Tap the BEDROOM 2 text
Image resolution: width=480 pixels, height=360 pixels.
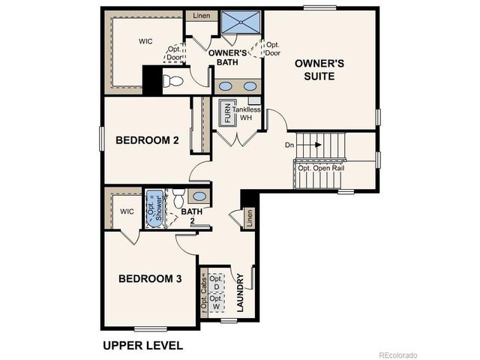coord(146,139)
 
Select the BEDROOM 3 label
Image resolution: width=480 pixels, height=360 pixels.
coord(150,279)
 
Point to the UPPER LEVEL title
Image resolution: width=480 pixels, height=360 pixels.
coord(142,346)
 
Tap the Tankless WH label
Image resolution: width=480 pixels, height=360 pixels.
coord(246,114)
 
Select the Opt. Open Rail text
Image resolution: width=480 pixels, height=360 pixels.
coord(324,168)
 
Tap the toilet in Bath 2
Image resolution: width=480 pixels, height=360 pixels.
coord(178,199)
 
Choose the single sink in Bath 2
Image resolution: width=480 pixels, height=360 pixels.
coord(199,196)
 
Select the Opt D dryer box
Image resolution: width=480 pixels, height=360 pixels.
coord(216,281)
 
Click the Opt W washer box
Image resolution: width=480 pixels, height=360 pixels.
coord(216,302)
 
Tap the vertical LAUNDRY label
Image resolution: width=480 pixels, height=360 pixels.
coord(241,295)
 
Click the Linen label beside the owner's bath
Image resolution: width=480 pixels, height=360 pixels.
coord(201,15)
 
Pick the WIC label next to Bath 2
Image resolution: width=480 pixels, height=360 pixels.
coord(127,211)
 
